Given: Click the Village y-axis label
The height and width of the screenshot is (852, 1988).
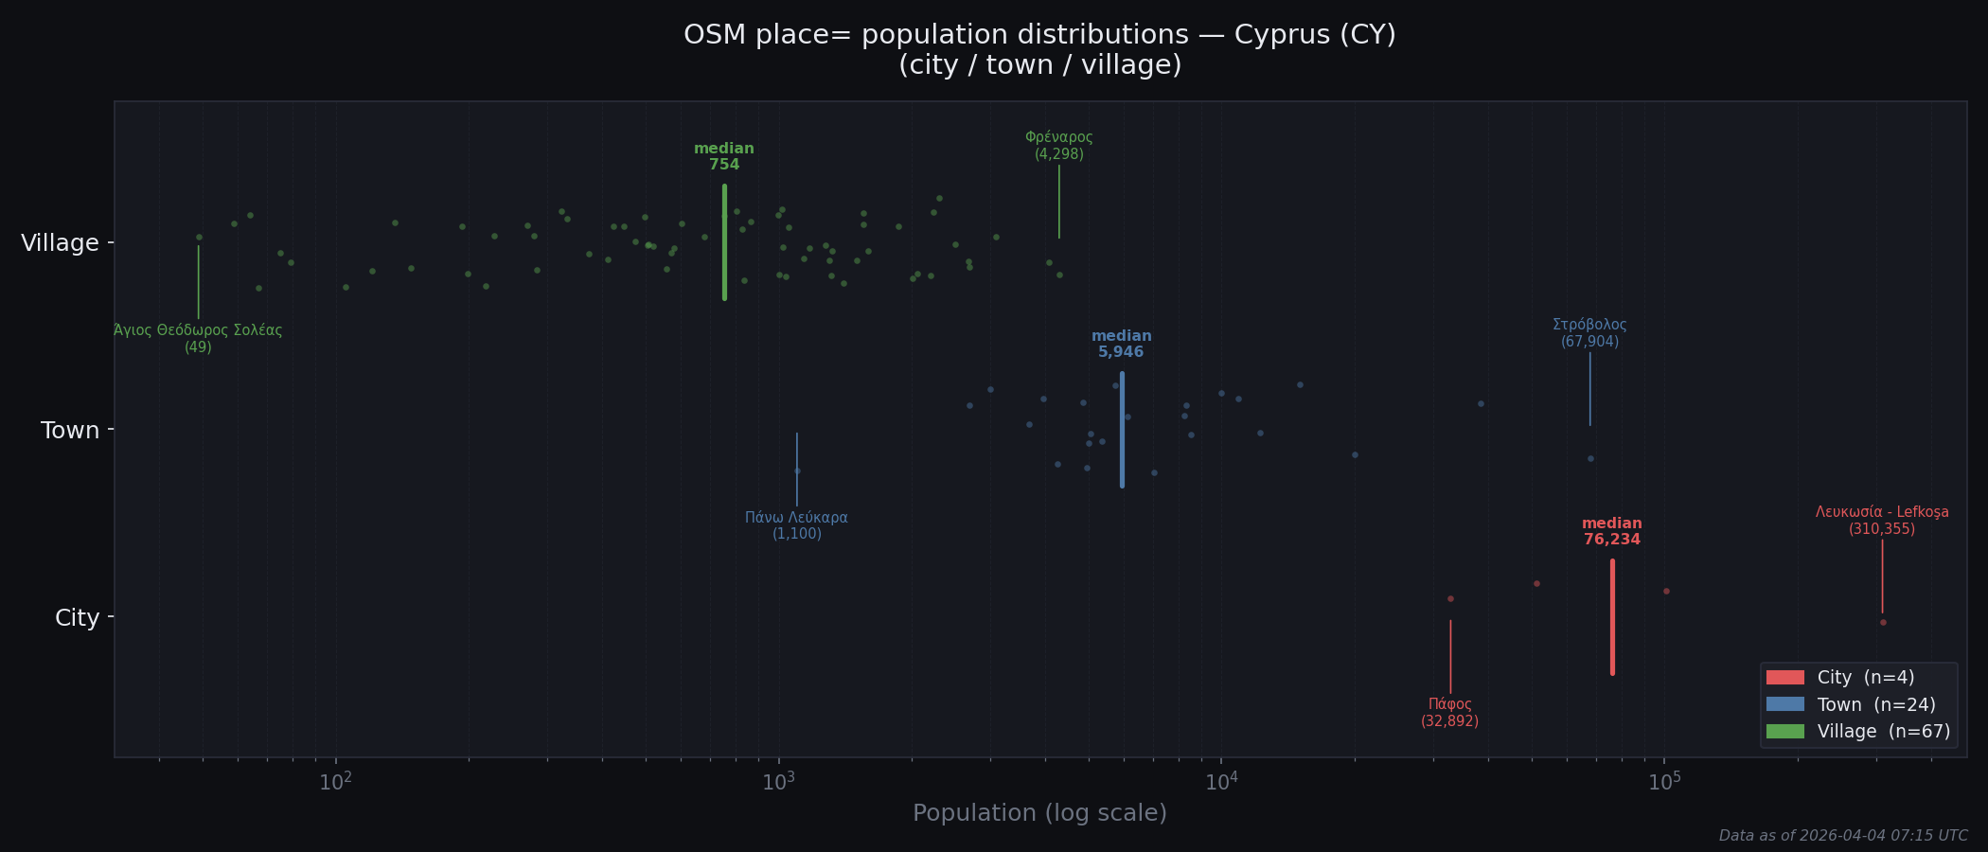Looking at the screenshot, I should pyautogui.click(x=60, y=243).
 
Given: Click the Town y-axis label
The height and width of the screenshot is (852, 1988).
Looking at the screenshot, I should pyautogui.click(x=70, y=431).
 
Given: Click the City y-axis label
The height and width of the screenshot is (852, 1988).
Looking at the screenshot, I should pyautogui.click(x=77, y=618).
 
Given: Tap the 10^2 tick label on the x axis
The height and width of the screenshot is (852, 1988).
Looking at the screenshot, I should pyautogui.click(x=335, y=782).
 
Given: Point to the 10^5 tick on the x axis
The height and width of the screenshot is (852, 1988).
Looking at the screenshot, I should pyautogui.click(x=1664, y=782).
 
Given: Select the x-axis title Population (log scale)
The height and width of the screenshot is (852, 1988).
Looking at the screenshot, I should pyautogui.click(x=1039, y=813).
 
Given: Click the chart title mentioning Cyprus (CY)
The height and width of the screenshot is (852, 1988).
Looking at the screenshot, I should pyautogui.click(x=1039, y=49).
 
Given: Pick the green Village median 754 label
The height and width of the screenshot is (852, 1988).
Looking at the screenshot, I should pyautogui.click(x=724, y=157).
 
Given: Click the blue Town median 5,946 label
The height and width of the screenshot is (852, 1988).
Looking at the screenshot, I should pyautogui.click(x=1121, y=345).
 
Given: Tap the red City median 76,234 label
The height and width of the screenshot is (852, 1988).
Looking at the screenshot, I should pyautogui.click(x=1611, y=532).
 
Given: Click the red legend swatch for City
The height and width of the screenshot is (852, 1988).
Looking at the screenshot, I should pyautogui.click(x=1784, y=678).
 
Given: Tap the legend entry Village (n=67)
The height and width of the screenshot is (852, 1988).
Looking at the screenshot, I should pyautogui.click(x=1883, y=732).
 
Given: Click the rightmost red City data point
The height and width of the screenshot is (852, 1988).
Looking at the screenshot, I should pyautogui.click(x=1883, y=623).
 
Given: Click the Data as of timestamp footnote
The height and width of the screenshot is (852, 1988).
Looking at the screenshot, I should pyautogui.click(x=1842, y=836).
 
